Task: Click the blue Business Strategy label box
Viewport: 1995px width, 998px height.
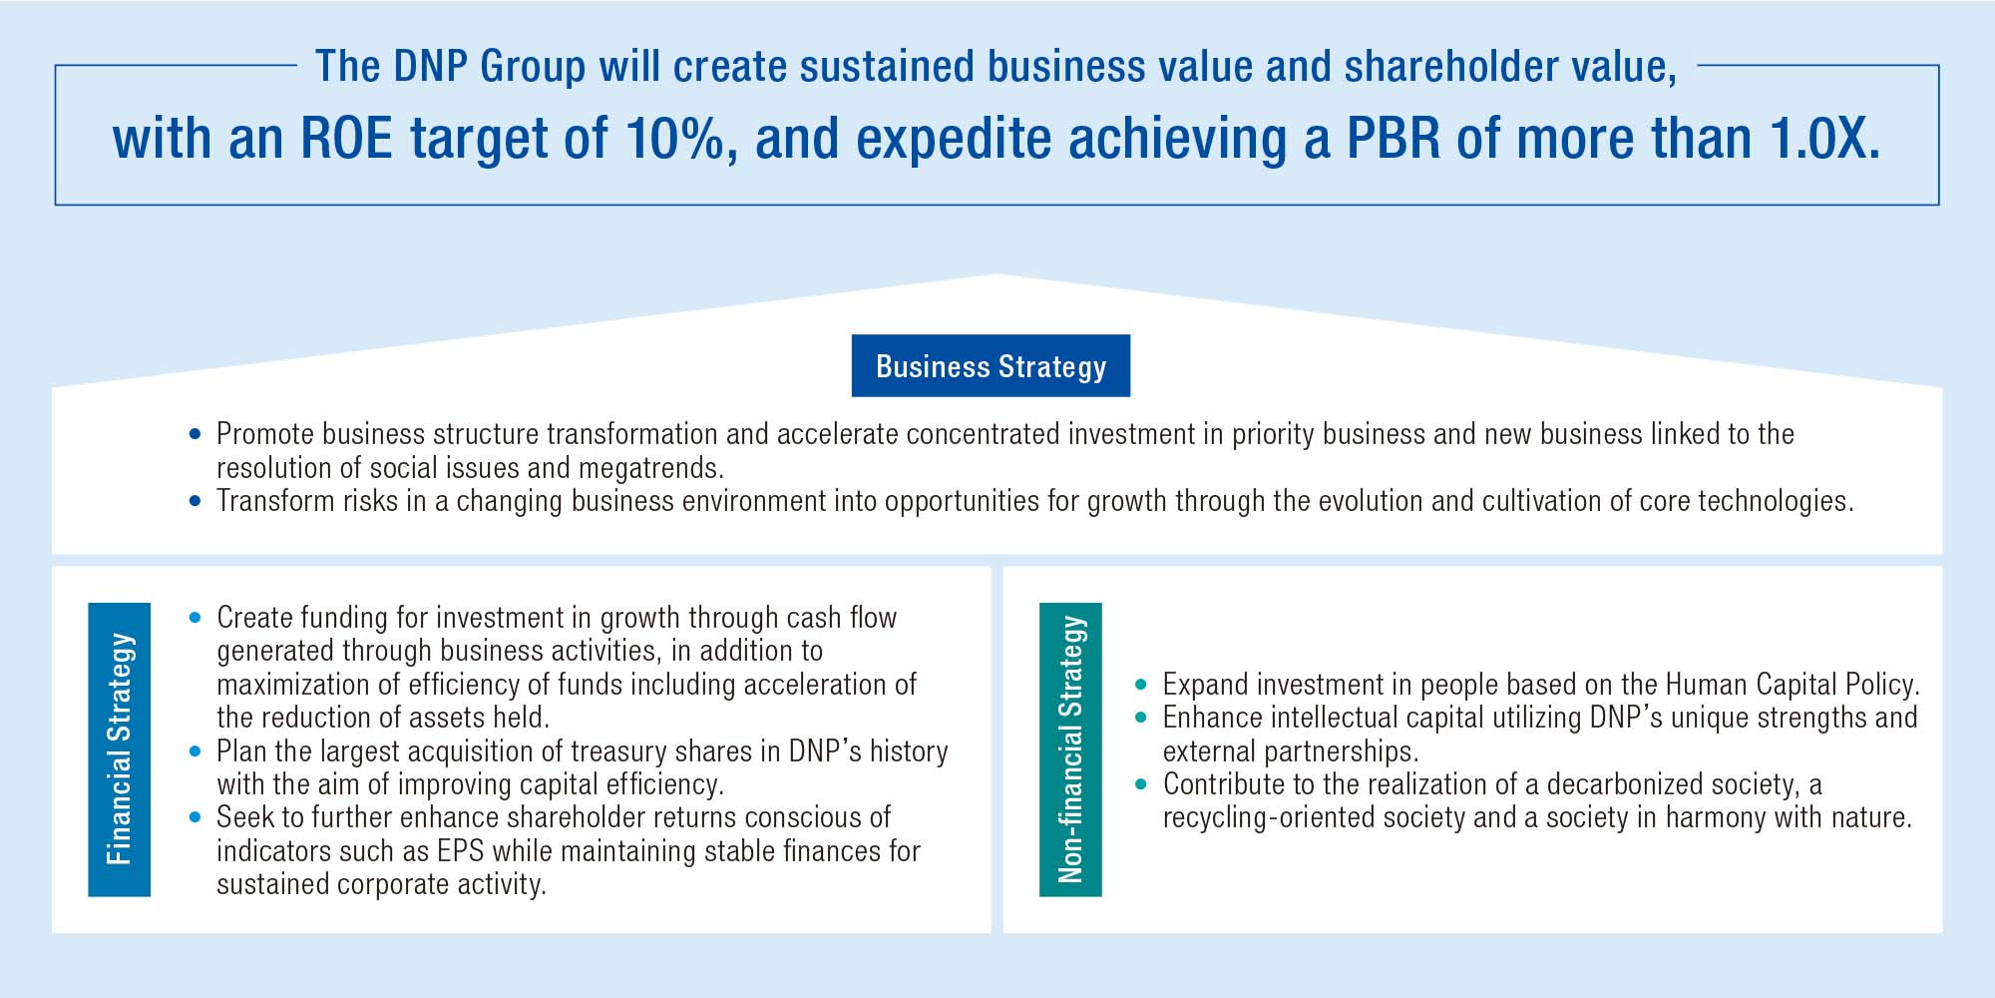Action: pyautogui.click(x=991, y=366)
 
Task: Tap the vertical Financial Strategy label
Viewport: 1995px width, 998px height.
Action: pyautogui.click(x=119, y=748)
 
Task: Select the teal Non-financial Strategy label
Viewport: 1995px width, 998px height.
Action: pyautogui.click(x=1070, y=748)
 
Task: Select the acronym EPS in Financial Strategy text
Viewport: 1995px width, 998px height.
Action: pyautogui.click(x=460, y=851)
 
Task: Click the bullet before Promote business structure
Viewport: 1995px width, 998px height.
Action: pyautogui.click(x=195, y=435)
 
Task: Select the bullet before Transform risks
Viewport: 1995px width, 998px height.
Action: pyautogui.click(x=195, y=501)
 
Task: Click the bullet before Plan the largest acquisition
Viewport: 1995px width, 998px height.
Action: pyautogui.click(x=195, y=751)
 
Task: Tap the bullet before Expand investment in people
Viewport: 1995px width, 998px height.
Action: pyautogui.click(x=1141, y=686)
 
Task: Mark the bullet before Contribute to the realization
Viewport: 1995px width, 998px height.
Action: pyautogui.click(x=1141, y=784)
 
